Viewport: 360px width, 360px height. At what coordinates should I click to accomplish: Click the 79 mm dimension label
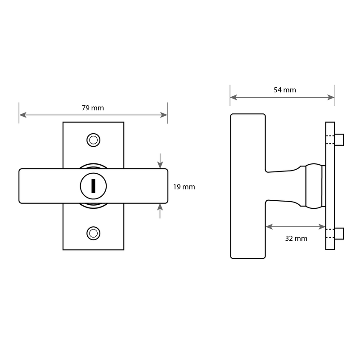93,108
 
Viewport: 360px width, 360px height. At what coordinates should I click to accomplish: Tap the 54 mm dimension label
285,90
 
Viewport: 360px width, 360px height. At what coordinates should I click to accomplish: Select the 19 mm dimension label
184,187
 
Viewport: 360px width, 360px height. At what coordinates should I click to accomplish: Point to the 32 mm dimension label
296,238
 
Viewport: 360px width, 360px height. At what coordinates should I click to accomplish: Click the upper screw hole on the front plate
94,140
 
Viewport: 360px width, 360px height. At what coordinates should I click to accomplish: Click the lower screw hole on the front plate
94,233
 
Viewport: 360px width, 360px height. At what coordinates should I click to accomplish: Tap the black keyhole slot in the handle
93,186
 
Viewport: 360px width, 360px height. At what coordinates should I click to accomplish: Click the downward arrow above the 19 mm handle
160,161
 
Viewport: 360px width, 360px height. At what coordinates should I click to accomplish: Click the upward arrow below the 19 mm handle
160,211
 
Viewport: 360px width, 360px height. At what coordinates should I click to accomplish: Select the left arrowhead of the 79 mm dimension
23,115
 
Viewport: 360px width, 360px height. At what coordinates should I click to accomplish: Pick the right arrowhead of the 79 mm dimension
164,115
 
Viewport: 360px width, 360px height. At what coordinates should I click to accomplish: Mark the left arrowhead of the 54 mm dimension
234,97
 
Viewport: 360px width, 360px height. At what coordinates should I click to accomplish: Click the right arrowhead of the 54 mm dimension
331,97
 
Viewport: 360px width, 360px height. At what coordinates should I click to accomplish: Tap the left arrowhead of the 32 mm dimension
269,227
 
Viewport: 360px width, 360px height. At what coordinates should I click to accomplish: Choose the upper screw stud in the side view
339,139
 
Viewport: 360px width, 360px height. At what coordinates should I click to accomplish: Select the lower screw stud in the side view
339,234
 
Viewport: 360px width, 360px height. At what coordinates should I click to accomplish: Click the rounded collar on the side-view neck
314,186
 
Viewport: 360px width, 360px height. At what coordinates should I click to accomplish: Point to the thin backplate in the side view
330,186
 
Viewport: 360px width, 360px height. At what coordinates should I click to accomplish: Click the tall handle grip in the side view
248,186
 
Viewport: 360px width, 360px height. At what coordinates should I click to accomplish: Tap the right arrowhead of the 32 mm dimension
322,227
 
